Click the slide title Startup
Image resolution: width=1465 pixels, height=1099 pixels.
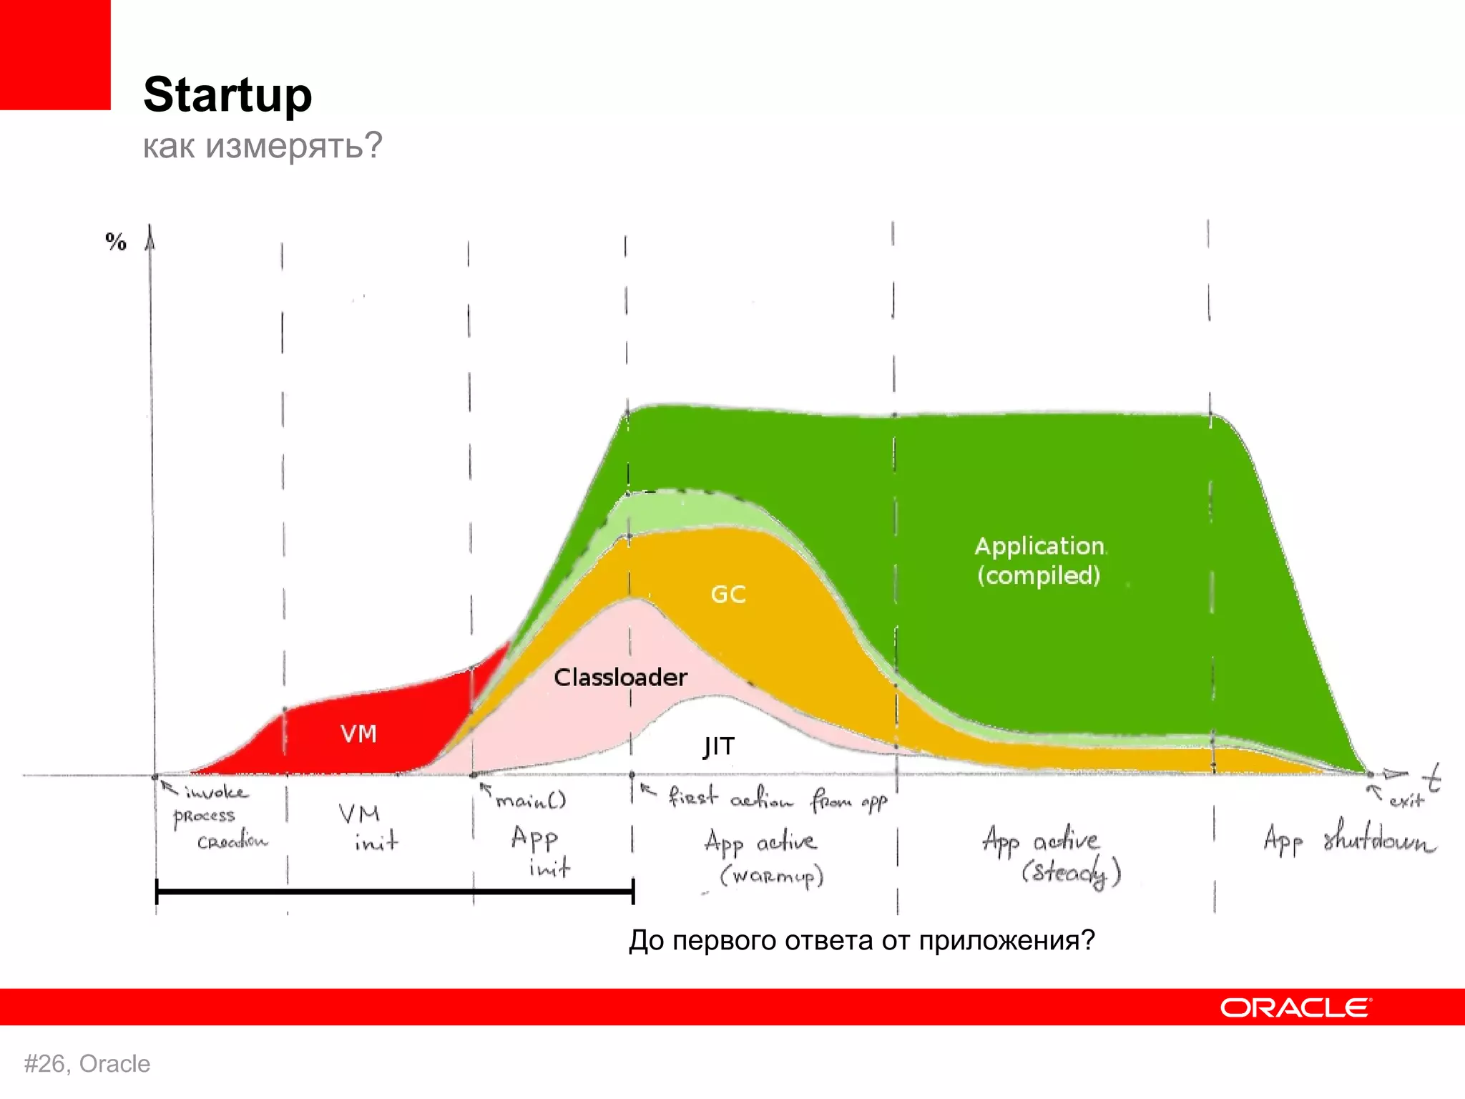(227, 94)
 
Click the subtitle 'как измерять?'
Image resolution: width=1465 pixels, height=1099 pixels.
(263, 145)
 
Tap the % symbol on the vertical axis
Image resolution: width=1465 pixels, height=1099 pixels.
(116, 242)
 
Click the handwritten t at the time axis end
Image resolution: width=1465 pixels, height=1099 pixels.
(1431, 778)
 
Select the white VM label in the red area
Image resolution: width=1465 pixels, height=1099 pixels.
(358, 734)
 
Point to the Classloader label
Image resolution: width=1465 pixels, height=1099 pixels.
(620, 678)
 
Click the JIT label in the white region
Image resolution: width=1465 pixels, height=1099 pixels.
(718, 746)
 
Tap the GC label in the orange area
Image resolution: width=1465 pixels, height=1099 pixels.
(728, 595)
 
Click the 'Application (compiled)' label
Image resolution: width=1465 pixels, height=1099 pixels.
(1039, 561)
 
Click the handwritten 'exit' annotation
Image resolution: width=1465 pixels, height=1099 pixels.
(1406, 801)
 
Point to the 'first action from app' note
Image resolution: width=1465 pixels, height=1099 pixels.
(776, 798)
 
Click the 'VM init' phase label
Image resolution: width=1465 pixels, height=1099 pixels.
(368, 827)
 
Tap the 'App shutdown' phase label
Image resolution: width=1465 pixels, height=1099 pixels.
(1348, 839)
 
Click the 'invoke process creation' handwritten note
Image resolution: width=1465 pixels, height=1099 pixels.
(215, 816)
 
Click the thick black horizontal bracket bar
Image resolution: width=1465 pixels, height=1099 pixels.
(393, 892)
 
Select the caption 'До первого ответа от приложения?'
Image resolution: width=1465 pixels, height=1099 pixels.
(862, 940)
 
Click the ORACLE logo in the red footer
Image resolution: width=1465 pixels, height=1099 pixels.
(1295, 1007)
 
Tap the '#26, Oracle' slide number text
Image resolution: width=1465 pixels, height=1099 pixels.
(87, 1064)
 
